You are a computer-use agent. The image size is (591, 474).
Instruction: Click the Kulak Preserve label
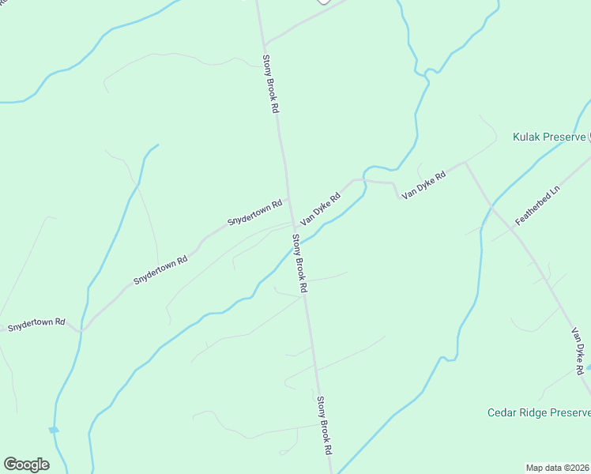coord(549,137)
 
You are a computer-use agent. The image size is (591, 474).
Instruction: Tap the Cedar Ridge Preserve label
coord(538,412)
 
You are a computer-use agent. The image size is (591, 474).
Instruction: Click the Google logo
coord(26,465)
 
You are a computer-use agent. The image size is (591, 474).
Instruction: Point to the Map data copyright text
coord(558,467)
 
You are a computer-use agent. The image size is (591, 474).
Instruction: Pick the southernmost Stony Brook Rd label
coord(324,425)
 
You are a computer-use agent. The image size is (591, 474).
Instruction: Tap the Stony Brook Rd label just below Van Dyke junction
coord(299,264)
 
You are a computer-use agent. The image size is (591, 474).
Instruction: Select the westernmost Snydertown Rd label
coord(36,326)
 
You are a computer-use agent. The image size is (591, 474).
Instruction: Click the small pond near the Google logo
coord(53,430)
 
